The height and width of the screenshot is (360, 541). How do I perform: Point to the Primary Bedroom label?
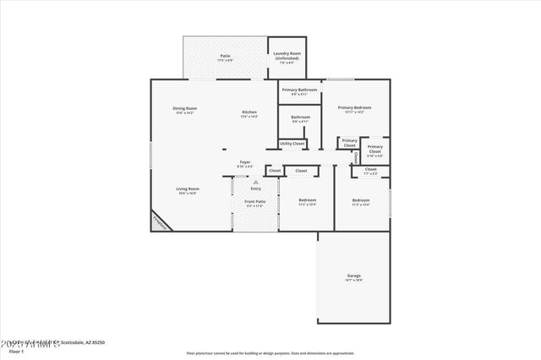point(354,109)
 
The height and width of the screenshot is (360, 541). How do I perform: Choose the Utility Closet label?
point(292,144)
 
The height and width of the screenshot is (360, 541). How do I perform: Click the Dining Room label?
point(184,110)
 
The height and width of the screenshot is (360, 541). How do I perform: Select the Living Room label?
point(187,190)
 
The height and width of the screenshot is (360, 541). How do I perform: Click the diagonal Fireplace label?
point(160,221)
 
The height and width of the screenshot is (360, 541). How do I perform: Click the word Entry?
point(255,188)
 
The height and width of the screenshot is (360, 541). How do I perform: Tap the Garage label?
point(353,278)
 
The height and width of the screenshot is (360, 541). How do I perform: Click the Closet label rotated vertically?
point(356,156)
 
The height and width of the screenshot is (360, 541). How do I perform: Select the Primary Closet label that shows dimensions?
point(374,150)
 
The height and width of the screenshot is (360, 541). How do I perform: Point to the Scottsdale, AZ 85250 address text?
point(85,342)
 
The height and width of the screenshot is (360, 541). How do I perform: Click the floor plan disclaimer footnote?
point(270,352)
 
